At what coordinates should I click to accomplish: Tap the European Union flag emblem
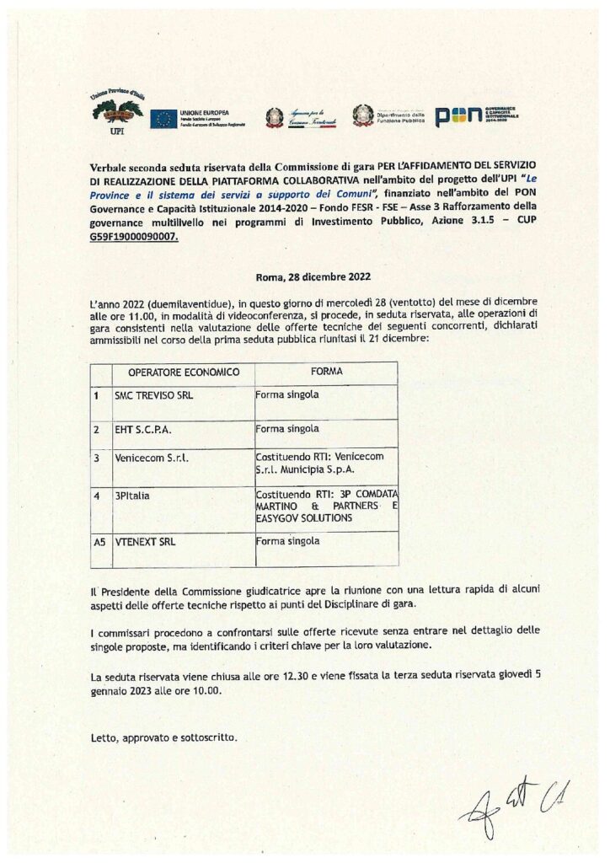pyautogui.click(x=163, y=119)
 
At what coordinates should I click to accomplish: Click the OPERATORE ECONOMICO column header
pyautogui.click(x=184, y=372)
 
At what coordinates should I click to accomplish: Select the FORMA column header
pyautogui.click(x=326, y=372)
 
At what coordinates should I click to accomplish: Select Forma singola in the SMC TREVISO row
pyautogui.click(x=286, y=394)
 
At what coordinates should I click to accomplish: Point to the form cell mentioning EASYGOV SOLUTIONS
pyautogui.click(x=325, y=505)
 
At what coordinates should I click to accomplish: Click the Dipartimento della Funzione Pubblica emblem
pyautogui.click(x=364, y=116)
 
